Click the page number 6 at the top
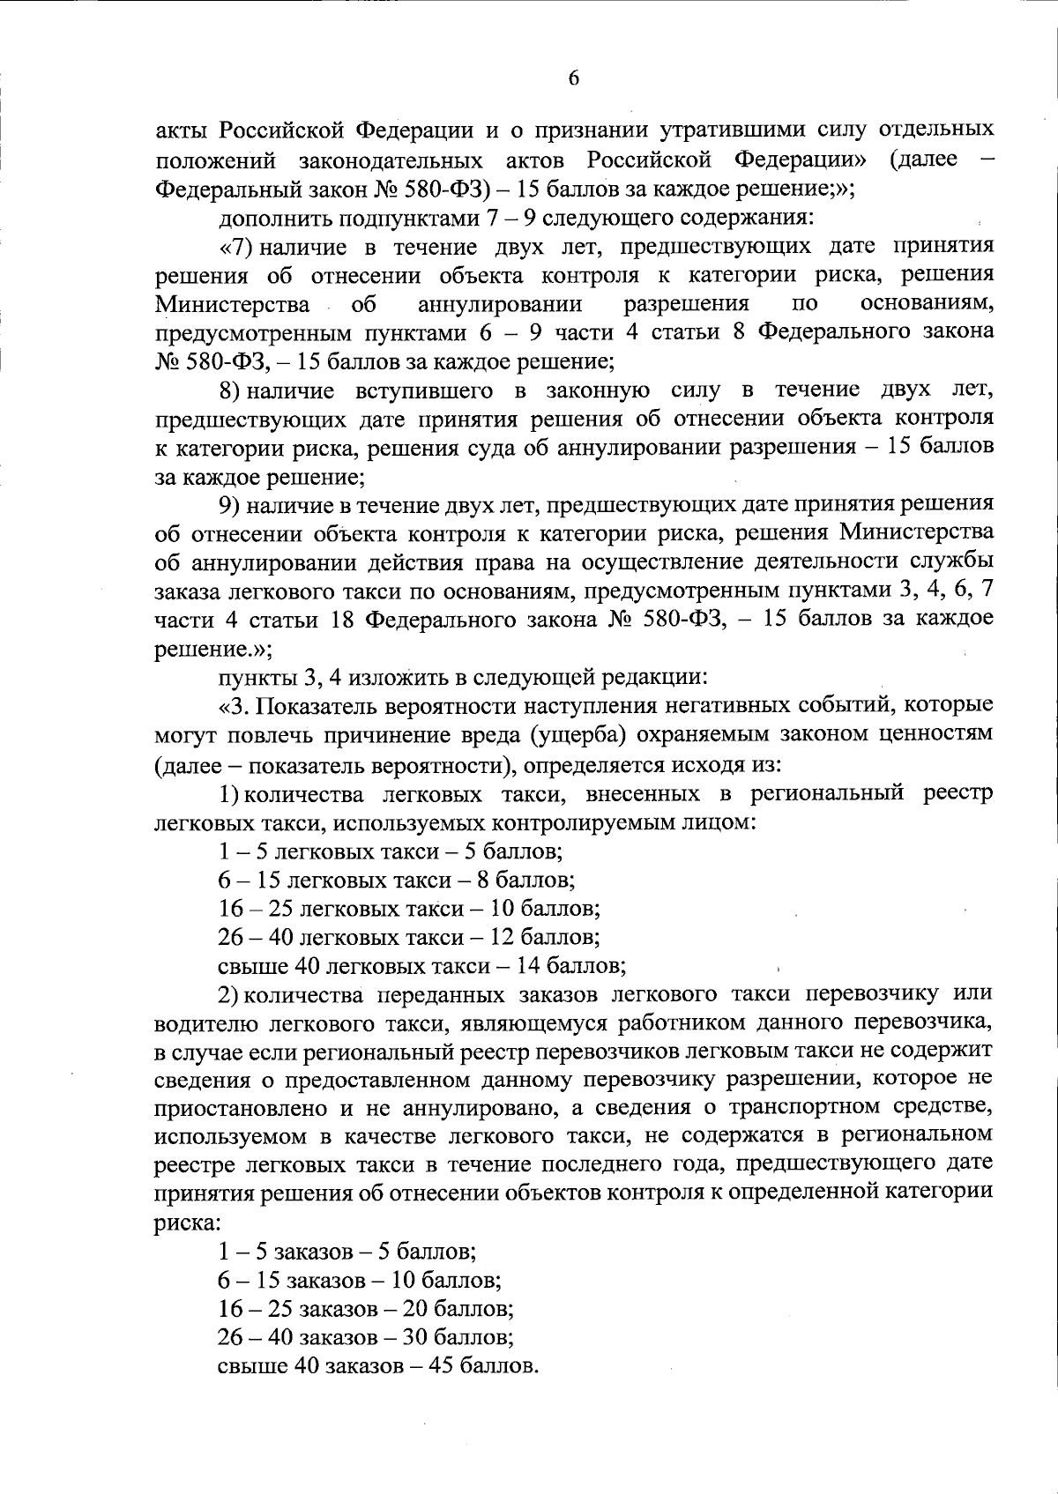pyautogui.click(x=573, y=79)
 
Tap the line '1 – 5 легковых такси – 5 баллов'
pyautogui.click(x=391, y=852)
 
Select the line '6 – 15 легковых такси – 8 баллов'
pyautogui.click(x=397, y=881)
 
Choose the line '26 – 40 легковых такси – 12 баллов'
pyautogui.click(x=409, y=937)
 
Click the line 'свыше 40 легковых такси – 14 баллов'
pyautogui.click(x=421, y=965)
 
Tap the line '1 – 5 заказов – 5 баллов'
pyautogui.click(x=347, y=1251)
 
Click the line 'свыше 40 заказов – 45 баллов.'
pyautogui.click(x=377, y=1366)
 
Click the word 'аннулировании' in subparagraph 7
pyautogui.click(x=500, y=305)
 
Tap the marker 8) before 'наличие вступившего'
pyautogui.click(x=231, y=390)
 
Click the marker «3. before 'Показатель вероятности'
pyautogui.click(x=235, y=705)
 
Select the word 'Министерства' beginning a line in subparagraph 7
pyautogui.click(x=232, y=305)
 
